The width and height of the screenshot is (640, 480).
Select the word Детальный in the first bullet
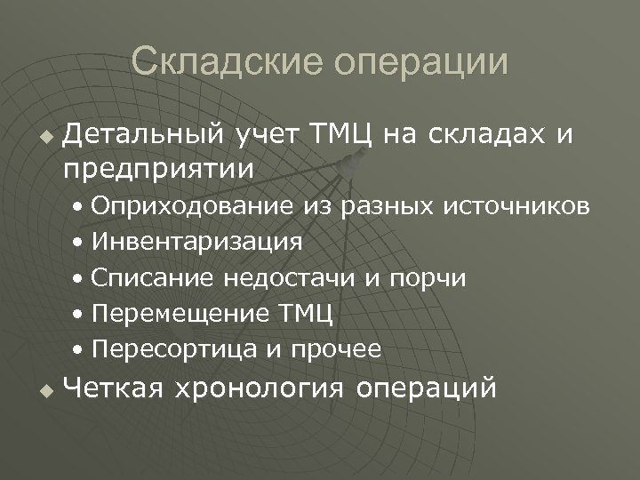click(145, 134)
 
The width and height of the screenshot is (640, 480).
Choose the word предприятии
click(158, 166)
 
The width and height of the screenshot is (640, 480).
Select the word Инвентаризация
click(196, 243)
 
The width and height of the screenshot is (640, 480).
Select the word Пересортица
click(174, 349)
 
